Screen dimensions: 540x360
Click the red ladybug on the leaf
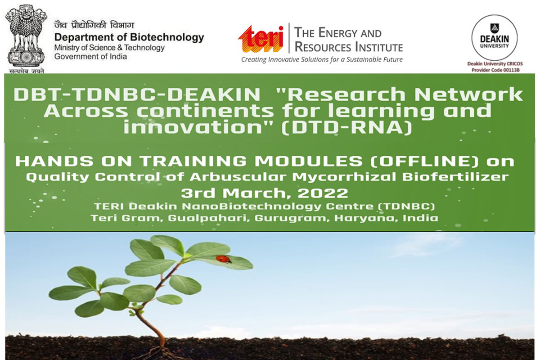click(224, 259)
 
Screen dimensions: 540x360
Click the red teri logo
click(261, 39)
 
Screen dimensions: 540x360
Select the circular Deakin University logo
click(495, 37)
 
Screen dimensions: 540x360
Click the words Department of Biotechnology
click(129, 37)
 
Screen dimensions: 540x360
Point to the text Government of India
click(90, 57)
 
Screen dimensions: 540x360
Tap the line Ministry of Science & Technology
click(109, 48)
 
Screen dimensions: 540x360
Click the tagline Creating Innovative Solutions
click(322, 59)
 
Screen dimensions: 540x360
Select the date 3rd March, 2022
click(265, 193)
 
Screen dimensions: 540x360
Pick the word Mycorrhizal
click(344, 177)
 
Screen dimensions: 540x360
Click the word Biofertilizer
click(455, 176)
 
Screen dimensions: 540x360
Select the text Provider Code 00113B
click(495, 70)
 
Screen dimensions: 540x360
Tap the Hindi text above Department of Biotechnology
click(94, 25)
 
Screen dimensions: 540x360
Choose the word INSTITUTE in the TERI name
click(379, 47)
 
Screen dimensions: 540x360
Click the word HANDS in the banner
click(54, 161)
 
